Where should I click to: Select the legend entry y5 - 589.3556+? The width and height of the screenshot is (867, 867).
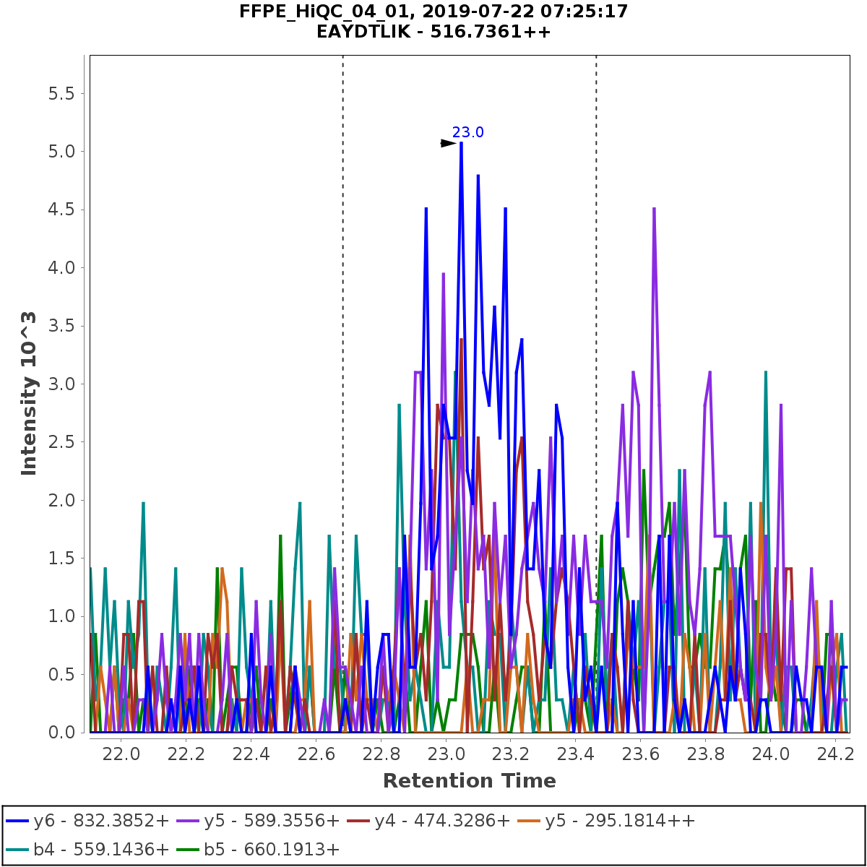click(272, 821)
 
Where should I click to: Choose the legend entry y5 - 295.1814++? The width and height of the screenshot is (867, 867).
click(620, 821)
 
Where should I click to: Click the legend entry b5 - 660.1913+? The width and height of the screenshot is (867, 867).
click(272, 849)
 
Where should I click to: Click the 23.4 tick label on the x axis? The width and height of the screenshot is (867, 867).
click(575, 753)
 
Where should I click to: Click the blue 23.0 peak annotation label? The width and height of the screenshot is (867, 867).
click(468, 132)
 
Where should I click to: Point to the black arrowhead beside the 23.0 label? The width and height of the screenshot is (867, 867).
click(448, 143)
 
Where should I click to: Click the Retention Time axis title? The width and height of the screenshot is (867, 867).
click(470, 781)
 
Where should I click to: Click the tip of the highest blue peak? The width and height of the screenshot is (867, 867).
click(461, 143)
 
